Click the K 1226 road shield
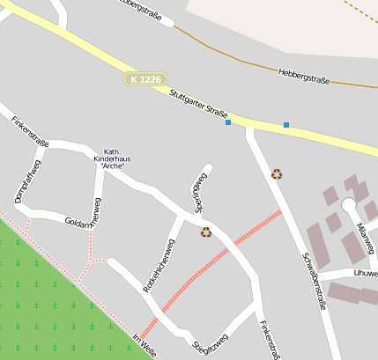[145, 79]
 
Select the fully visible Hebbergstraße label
[304, 75]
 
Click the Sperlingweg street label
[198, 193]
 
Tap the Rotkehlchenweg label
[159, 265]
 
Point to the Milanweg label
[366, 236]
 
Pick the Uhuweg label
[365, 274]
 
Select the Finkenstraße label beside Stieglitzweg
[269, 339]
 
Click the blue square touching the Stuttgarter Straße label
[228, 122]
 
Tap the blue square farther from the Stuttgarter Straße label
[286, 125]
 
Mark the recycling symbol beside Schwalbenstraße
[277, 174]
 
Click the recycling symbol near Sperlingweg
[206, 232]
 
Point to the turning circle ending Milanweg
[348, 205]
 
